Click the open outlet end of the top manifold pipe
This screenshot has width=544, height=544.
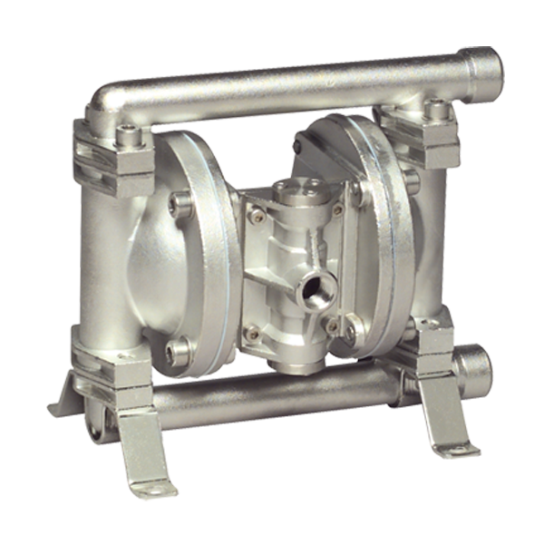point(488,68)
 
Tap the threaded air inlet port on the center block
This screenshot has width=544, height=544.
point(316,289)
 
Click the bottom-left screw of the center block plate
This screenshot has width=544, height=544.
point(253,335)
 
